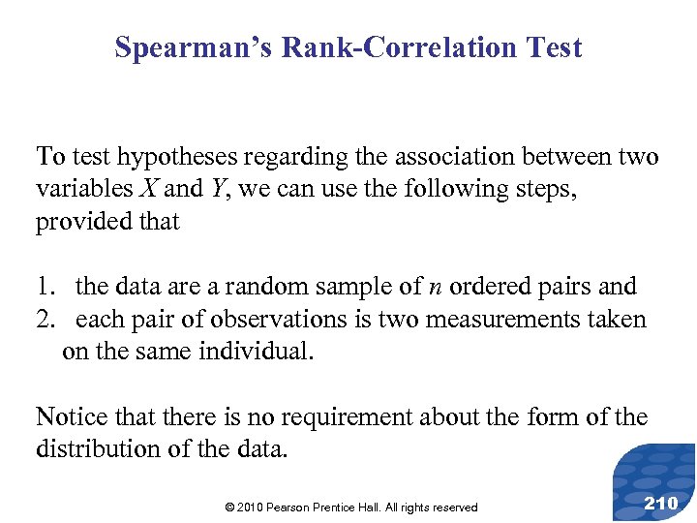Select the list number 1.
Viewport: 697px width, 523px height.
coord(45,287)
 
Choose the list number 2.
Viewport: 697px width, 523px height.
coord(45,319)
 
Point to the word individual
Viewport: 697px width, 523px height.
coord(256,351)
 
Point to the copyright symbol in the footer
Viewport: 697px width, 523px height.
coord(229,508)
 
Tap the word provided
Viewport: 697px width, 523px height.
coord(80,222)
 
